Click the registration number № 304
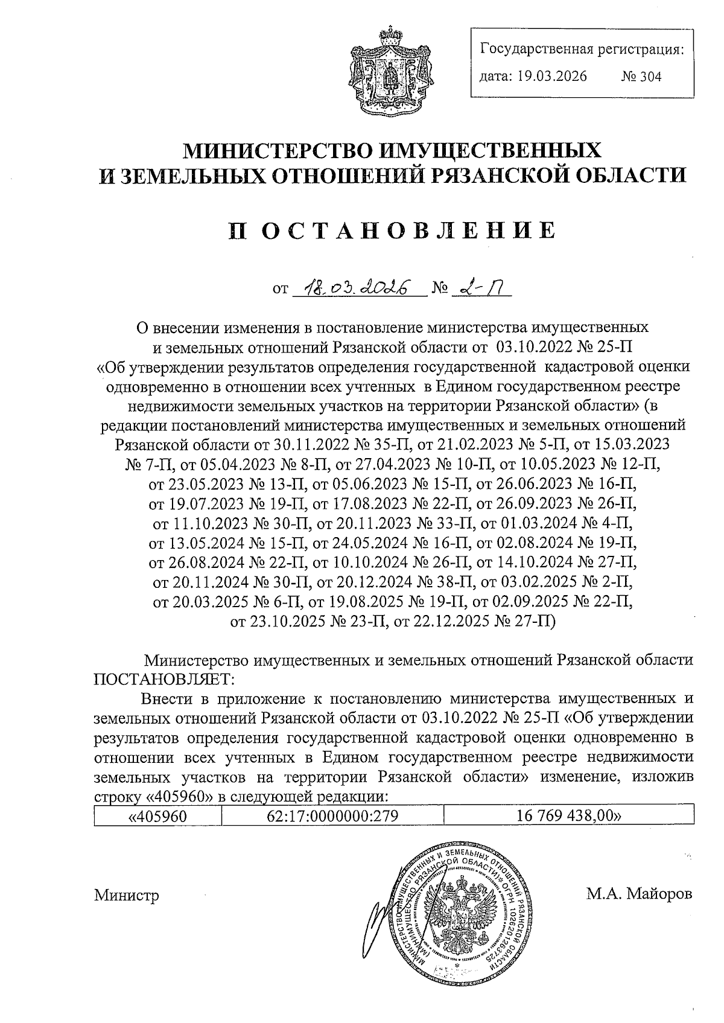641,77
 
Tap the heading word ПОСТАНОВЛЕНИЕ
392,231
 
